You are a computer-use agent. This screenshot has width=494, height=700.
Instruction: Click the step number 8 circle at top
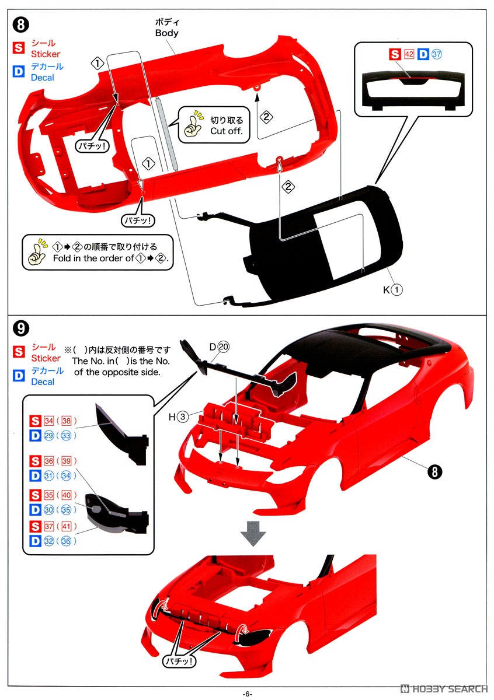(20, 25)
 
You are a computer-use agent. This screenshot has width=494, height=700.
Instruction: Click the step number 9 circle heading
(20, 328)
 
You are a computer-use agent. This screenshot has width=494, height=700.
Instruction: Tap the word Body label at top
(166, 33)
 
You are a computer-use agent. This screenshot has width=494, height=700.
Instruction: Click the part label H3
(178, 416)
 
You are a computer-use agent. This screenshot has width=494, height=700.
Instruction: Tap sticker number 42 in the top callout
(409, 54)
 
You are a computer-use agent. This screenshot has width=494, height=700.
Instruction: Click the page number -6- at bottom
(247, 693)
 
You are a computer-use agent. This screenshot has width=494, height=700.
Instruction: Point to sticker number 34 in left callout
(48, 421)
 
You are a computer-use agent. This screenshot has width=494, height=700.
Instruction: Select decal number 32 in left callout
(48, 541)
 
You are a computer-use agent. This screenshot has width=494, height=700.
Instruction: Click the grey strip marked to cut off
(165, 133)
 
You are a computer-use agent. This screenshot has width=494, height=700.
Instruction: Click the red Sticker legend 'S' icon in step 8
(19, 48)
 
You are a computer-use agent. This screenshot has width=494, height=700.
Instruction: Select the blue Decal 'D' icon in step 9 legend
(19, 376)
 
